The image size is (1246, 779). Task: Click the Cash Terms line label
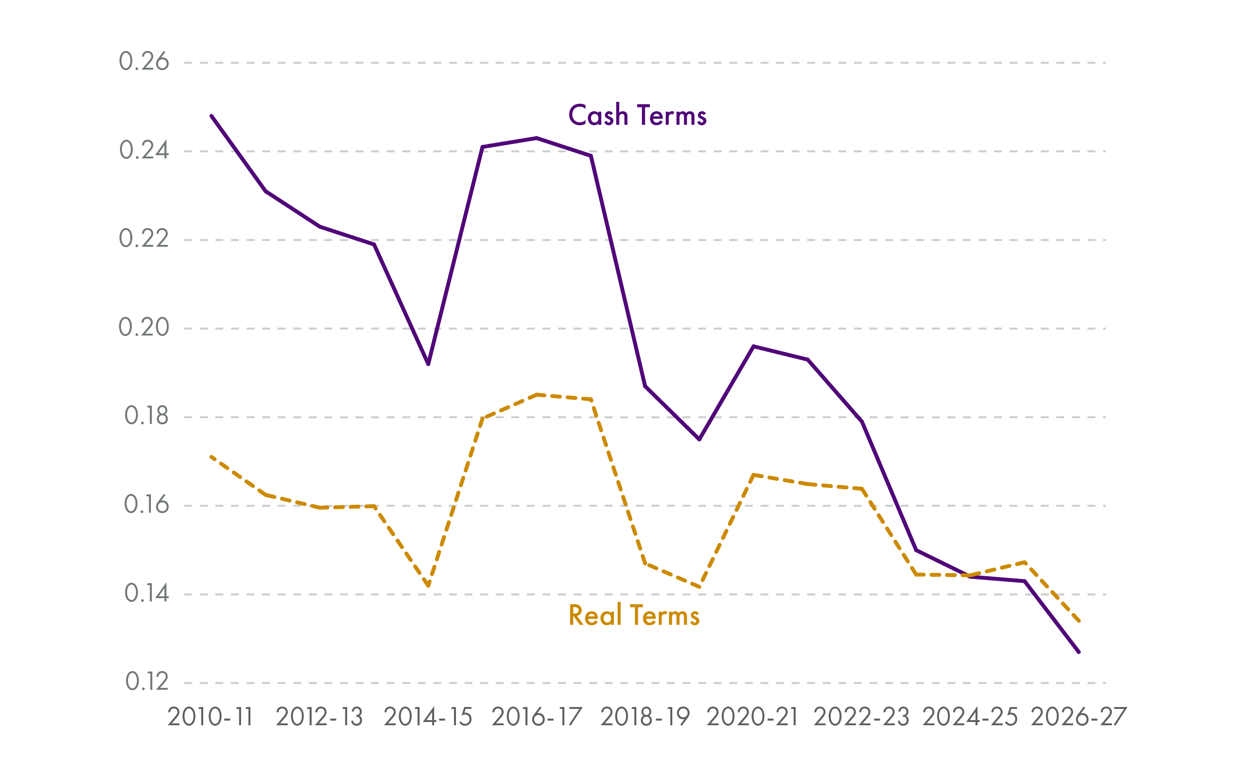click(637, 115)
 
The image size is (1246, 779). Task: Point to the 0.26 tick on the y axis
click(144, 62)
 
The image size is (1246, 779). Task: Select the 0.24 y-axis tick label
click(144, 150)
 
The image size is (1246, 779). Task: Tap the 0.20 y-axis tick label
click(144, 327)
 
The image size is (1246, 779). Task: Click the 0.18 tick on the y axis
click(146, 416)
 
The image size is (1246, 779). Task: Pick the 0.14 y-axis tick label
click(146, 593)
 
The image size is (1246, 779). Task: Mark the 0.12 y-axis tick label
click(147, 682)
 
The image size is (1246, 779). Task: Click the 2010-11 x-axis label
click(210, 717)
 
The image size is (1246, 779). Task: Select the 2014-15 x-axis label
click(427, 717)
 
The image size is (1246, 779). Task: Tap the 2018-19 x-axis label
click(645, 717)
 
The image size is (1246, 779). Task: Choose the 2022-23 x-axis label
click(861, 717)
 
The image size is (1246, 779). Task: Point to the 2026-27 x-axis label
click(1079, 717)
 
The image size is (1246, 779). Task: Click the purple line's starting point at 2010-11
click(212, 116)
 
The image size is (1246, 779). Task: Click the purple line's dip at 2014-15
click(428, 364)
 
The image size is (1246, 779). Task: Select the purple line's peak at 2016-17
click(537, 138)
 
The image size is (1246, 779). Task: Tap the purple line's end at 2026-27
click(1079, 652)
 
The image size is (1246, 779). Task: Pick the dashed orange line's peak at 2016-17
click(537, 395)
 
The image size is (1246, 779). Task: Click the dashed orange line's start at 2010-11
click(212, 457)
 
